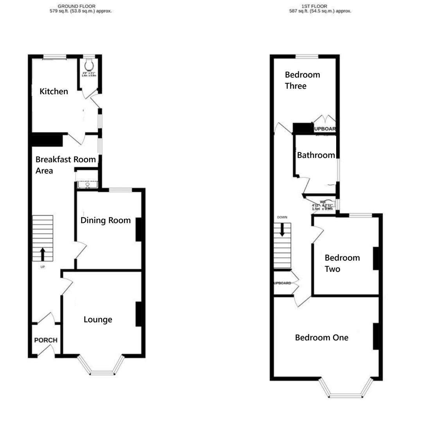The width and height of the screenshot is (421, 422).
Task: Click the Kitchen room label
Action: coord(54,91)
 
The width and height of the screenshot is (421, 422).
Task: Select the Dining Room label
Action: coord(106,220)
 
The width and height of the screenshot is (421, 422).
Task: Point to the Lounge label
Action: coord(98,320)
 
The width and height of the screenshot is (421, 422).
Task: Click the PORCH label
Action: coord(46,340)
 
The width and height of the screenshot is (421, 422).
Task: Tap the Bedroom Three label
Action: coord(302,80)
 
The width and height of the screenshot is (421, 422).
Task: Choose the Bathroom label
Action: coord(316,155)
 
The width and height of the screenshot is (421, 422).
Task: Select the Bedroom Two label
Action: coord(342,263)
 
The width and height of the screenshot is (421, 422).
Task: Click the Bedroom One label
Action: coord(321,338)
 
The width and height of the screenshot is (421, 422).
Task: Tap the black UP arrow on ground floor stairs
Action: coord(42,254)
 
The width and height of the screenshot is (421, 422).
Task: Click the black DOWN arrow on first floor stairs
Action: coord(282,229)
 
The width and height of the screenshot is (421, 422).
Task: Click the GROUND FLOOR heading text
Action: coord(76,6)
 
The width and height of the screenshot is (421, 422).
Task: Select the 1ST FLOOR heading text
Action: coord(314,6)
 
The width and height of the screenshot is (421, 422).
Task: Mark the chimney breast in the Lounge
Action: coord(138,314)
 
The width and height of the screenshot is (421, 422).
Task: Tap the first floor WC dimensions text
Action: coord(322,207)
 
